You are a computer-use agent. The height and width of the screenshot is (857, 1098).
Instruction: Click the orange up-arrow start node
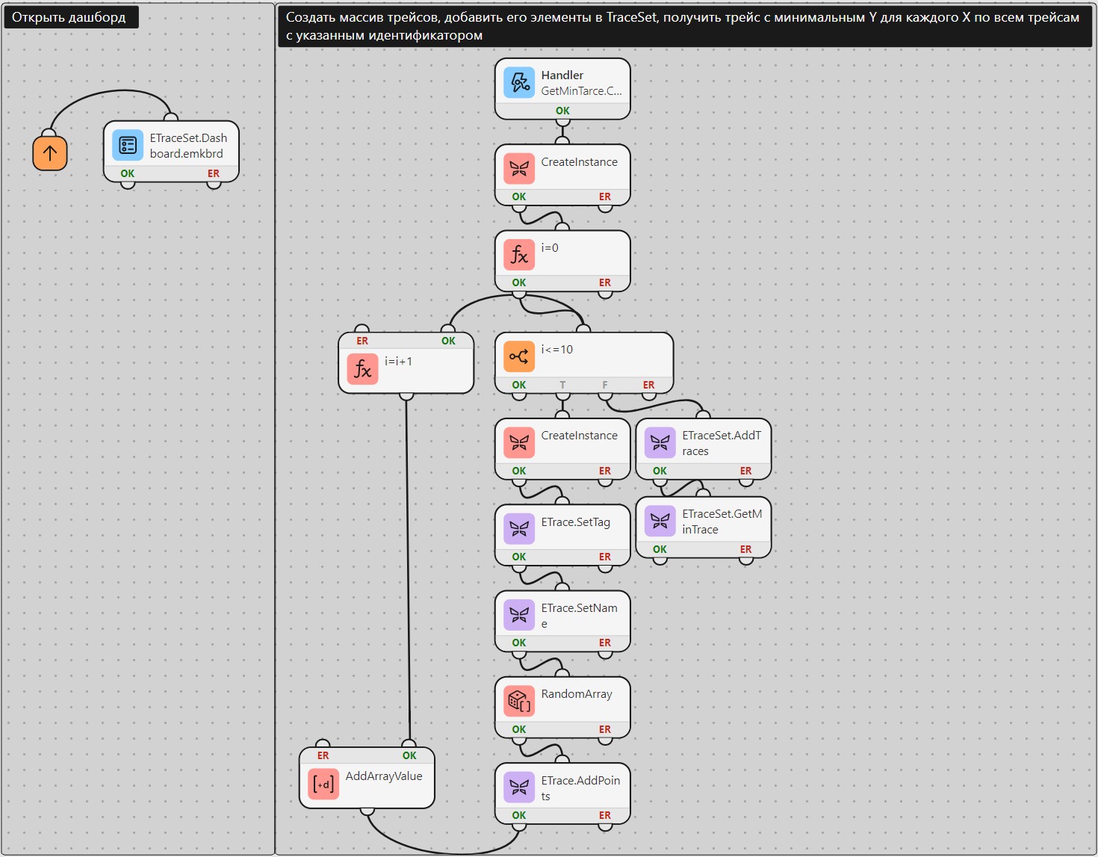coord(49,153)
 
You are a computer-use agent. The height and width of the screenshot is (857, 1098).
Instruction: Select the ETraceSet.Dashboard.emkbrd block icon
coord(127,146)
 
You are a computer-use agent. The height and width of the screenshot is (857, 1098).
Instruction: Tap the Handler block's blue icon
coord(519,82)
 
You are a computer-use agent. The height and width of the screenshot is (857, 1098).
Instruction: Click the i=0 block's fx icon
coord(519,256)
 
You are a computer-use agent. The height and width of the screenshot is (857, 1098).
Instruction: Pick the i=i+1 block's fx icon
coord(362,369)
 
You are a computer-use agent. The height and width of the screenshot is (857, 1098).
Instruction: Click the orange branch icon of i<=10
coord(519,356)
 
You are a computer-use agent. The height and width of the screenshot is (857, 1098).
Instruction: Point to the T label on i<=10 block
coord(562,385)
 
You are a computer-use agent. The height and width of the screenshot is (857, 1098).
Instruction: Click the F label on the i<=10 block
coord(605,385)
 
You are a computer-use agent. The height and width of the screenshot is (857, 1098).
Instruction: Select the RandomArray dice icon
coord(519,702)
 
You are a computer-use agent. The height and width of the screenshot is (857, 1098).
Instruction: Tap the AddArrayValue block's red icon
coord(323,784)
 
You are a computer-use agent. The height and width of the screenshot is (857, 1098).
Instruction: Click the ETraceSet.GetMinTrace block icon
coord(660,521)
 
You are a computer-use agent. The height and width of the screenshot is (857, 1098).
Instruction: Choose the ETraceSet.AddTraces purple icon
coord(660,442)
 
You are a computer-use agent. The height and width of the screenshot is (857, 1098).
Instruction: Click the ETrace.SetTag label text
coord(576,522)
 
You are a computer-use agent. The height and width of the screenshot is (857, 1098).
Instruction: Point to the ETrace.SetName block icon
coord(519,615)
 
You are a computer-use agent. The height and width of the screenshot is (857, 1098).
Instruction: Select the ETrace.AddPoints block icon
coord(519,788)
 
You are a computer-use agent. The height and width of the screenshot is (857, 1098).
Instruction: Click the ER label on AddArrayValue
coord(323,755)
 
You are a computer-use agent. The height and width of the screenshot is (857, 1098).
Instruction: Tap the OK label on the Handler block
coord(562,111)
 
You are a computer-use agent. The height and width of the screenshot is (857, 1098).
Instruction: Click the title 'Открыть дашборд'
coord(69,17)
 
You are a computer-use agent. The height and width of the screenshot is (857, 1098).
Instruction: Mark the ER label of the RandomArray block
coord(605,729)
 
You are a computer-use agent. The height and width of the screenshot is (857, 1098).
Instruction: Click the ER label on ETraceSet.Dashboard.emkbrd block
coord(213,173)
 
